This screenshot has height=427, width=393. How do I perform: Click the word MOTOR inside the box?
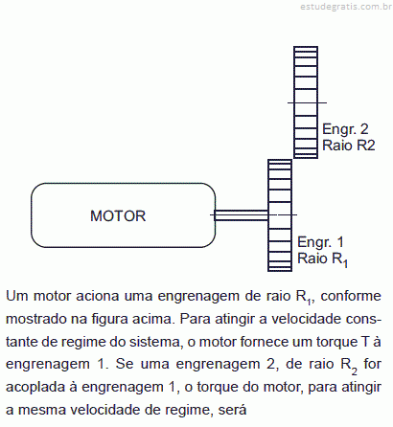click(x=118, y=216)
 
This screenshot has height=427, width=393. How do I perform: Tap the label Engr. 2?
click(x=345, y=129)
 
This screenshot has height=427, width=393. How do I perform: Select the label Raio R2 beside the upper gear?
click(x=348, y=146)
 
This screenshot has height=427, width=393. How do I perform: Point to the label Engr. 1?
click(x=320, y=242)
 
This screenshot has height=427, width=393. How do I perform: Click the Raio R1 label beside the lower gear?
click(x=322, y=259)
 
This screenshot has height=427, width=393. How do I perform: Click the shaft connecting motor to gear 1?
click(x=242, y=215)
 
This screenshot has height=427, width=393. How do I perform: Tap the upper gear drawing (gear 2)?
click(x=306, y=102)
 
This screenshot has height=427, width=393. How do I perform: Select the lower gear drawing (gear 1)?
click(x=280, y=215)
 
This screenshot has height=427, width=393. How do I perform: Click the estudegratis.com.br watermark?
click(x=346, y=7)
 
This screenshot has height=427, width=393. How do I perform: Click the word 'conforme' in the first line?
click(x=351, y=296)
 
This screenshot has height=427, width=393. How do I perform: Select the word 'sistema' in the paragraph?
click(x=156, y=342)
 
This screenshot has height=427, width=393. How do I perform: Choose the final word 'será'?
click(x=232, y=410)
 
